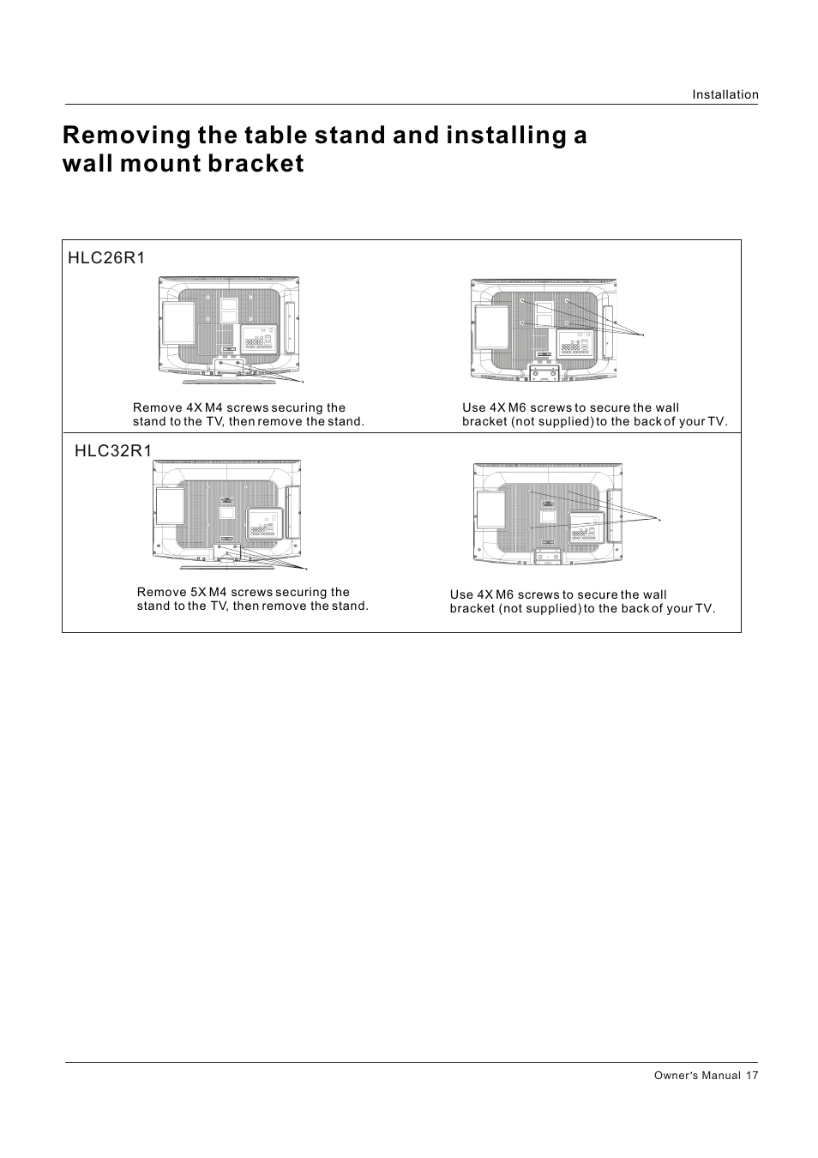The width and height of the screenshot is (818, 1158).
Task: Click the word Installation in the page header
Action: [x=725, y=95]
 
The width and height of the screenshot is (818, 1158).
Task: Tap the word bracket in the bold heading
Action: [x=257, y=164]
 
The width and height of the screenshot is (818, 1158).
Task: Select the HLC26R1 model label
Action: [x=106, y=258]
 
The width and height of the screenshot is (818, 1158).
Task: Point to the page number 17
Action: [x=752, y=1076]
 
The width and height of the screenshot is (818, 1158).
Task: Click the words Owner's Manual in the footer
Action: [x=696, y=1076]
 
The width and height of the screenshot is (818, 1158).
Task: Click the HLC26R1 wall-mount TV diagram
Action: [x=543, y=330]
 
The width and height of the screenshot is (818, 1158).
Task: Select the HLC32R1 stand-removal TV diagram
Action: [x=227, y=513]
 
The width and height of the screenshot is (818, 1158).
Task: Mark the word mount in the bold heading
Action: [x=160, y=164]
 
